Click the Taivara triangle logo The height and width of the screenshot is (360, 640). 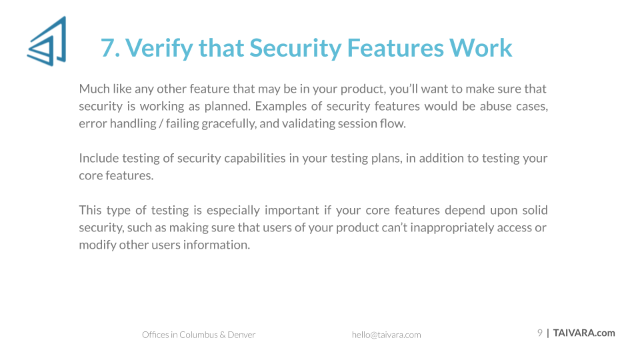(x=47, y=41)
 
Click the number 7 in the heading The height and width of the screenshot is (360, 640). (x=107, y=48)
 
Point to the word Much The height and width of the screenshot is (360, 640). (x=94, y=89)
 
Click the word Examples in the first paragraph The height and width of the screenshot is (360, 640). (x=281, y=106)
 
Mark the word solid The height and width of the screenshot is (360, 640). (x=535, y=210)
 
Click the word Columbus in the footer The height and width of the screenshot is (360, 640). (x=199, y=335)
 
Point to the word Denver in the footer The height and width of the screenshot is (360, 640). (x=241, y=335)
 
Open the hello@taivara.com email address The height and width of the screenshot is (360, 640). (x=387, y=335)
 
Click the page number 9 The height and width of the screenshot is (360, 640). (x=539, y=333)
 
